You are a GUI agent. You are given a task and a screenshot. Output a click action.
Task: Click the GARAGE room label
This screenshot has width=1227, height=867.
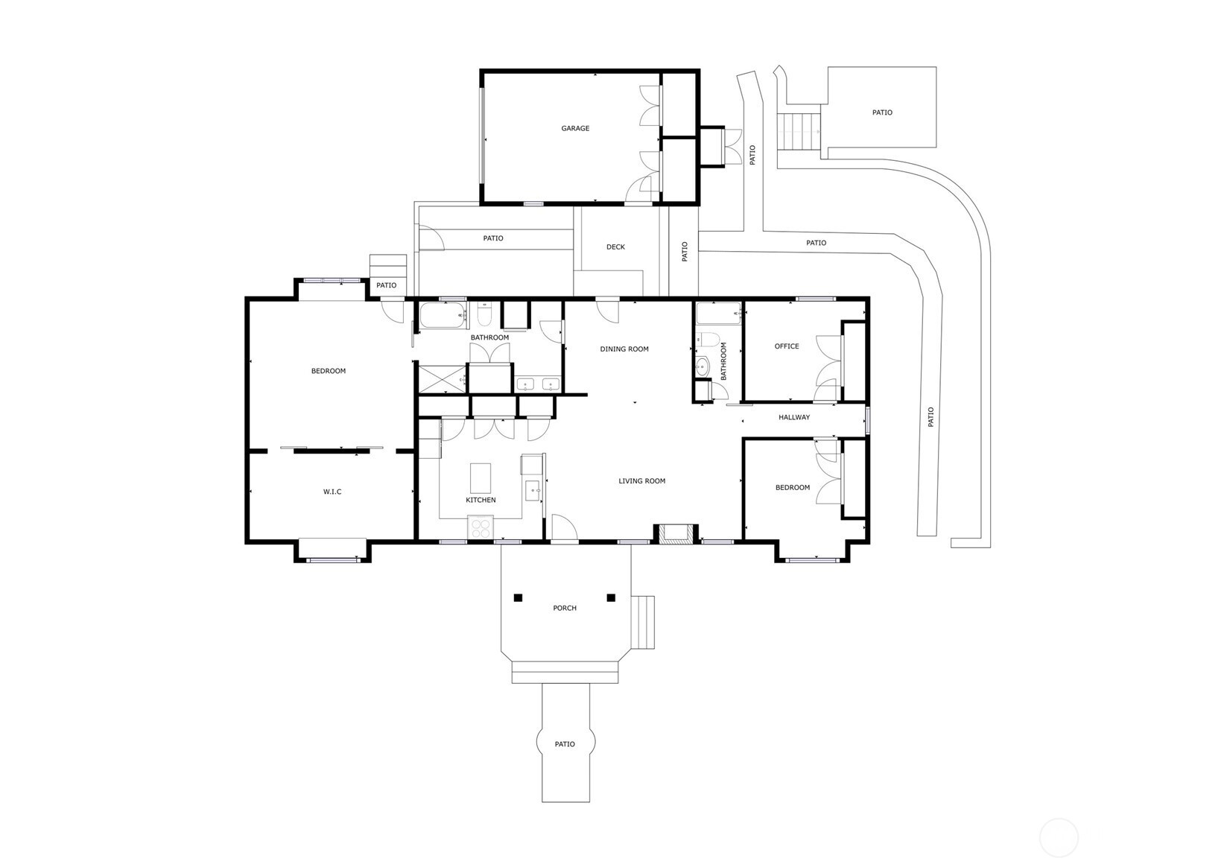[575, 128]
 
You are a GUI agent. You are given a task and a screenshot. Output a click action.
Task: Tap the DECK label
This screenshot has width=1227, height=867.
[615, 247]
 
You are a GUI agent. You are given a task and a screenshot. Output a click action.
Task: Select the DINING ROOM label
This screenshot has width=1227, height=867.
[624, 349]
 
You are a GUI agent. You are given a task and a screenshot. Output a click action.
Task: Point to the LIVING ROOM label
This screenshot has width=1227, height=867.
[642, 481]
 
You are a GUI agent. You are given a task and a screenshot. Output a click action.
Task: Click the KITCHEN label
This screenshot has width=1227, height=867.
[481, 500]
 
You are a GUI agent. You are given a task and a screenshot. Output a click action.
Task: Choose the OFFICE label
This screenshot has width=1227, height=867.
[787, 346]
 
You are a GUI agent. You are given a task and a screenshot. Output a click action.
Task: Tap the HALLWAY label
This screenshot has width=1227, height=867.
[794, 417]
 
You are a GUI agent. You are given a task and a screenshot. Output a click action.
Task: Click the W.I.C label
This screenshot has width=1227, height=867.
[332, 492]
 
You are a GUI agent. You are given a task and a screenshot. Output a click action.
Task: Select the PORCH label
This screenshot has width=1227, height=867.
[565, 608]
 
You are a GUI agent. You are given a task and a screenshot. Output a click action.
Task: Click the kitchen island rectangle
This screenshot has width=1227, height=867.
[481, 478]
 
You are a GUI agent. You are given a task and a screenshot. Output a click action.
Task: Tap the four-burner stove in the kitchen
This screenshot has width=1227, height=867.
[481, 527]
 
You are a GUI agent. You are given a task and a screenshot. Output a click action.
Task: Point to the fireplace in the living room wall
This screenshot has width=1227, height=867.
[676, 535]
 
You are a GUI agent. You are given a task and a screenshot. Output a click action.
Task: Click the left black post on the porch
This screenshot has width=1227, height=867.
[519, 597]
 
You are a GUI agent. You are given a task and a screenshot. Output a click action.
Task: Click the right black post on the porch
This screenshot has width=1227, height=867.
[611, 597]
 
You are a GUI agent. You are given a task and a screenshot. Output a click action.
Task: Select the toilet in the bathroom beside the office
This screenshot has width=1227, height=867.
[706, 340]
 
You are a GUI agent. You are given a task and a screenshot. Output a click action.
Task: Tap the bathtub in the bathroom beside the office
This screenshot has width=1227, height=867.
[719, 314]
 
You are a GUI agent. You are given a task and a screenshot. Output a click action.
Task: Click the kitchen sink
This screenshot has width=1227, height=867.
[533, 490]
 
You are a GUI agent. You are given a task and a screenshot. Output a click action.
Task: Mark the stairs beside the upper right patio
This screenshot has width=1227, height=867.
[799, 131]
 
